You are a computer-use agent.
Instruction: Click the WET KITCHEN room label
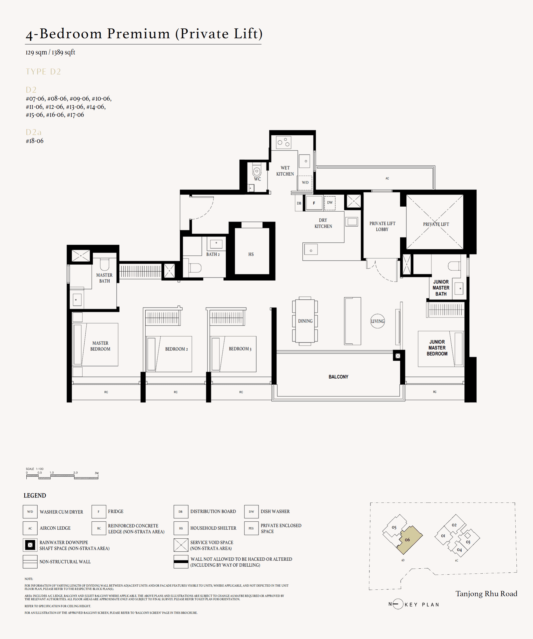point(285,171)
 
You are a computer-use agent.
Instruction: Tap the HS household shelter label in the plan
point(251,254)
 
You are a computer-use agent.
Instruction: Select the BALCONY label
point(338,377)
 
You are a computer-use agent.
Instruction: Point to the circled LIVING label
point(377,321)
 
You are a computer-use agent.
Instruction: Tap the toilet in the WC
point(257,171)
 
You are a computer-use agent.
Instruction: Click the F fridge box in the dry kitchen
point(314,203)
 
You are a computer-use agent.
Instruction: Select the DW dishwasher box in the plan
point(330,203)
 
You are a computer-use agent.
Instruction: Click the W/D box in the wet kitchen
point(305,183)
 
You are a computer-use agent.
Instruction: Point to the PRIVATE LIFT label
point(436,224)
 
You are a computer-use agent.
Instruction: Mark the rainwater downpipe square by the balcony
point(398,356)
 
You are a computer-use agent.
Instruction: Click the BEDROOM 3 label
point(240,349)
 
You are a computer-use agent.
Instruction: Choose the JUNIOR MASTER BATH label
point(441,288)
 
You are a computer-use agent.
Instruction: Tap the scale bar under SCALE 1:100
point(62,477)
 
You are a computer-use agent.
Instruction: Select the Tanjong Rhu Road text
point(486,594)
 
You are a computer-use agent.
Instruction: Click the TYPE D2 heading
point(43,72)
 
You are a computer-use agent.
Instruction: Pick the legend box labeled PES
point(251,528)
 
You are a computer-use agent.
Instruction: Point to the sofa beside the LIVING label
point(352,321)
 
